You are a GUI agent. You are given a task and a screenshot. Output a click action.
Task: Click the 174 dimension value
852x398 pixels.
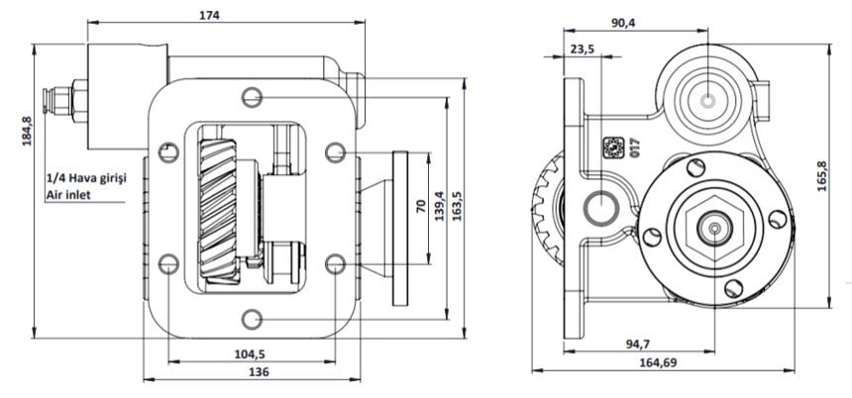(209, 15)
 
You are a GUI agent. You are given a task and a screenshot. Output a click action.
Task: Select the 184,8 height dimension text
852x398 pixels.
(27, 131)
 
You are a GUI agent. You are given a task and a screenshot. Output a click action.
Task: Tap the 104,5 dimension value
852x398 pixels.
(250, 354)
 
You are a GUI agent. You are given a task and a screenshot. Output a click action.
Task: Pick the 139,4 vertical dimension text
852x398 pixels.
(439, 206)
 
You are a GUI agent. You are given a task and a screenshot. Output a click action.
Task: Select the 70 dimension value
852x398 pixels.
(421, 206)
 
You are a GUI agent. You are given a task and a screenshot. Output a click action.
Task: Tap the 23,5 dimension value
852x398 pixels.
(582, 49)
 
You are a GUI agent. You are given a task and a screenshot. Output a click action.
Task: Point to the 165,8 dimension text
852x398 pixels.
(821, 176)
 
